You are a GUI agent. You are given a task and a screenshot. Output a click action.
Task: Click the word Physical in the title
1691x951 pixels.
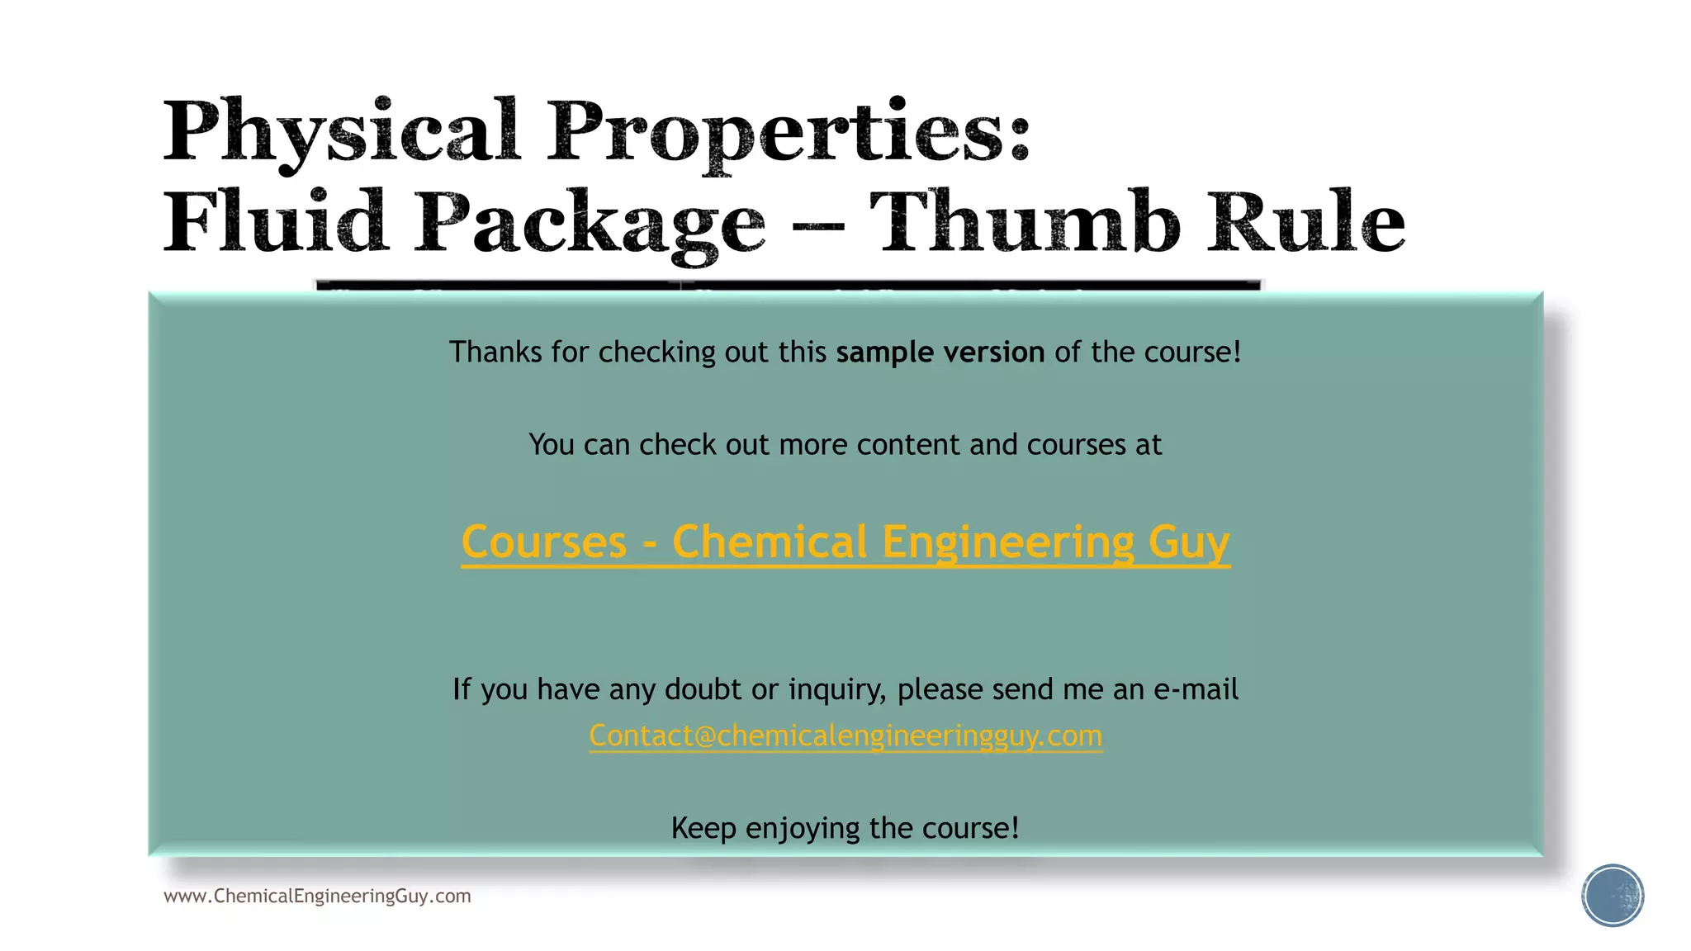pyautogui.click(x=342, y=132)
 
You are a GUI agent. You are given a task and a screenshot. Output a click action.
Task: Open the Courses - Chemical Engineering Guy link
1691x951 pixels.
pyautogui.click(x=845, y=542)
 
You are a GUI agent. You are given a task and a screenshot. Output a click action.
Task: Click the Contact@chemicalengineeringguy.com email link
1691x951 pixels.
pyautogui.click(x=845, y=735)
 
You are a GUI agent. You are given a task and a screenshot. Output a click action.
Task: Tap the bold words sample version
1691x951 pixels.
pyautogui.click(x=940, y=352)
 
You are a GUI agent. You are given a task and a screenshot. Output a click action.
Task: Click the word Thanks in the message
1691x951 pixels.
pyautogui.click(x=495, y=352)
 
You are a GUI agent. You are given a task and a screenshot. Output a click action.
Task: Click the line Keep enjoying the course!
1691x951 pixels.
pyautogui.click(x=845, y=827)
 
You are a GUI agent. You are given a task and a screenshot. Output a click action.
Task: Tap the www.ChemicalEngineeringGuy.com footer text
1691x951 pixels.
pyautogui.click(x=317, y=896)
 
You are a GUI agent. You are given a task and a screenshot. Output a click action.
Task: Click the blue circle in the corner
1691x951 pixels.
pyautogui.click(x=1613, y=896)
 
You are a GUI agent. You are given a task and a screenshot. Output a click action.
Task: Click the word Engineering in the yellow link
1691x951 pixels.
pyautogui.click(x=1008, y=542)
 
